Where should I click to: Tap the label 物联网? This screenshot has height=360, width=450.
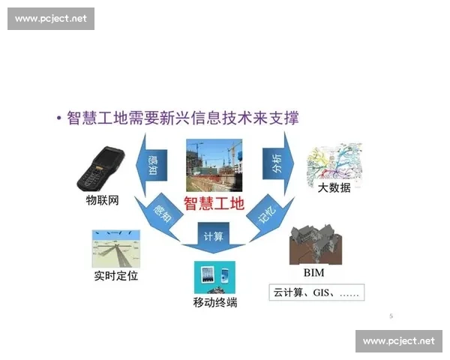click(x=103, y=202)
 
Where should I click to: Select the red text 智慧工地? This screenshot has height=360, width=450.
click(x=214, y=202)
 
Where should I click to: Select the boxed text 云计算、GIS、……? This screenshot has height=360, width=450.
click(x=315, y=292)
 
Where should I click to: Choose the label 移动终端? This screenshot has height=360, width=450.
click(x=214, y=303)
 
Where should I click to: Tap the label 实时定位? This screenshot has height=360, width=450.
click(x=115, y=276)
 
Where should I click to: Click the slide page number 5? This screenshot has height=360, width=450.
click(x=391, y=316)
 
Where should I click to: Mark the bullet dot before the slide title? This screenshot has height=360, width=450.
click(x=58, y=118)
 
